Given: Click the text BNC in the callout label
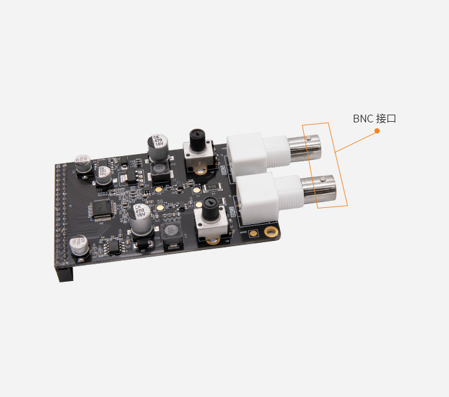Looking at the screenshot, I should (x=363, y=119).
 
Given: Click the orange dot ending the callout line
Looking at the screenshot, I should (x=376, y=131).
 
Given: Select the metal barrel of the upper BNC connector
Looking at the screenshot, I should (x=305, y=147).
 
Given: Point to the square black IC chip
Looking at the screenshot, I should (x=102, y=209).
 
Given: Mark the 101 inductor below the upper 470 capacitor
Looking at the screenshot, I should (x=159, y=170).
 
